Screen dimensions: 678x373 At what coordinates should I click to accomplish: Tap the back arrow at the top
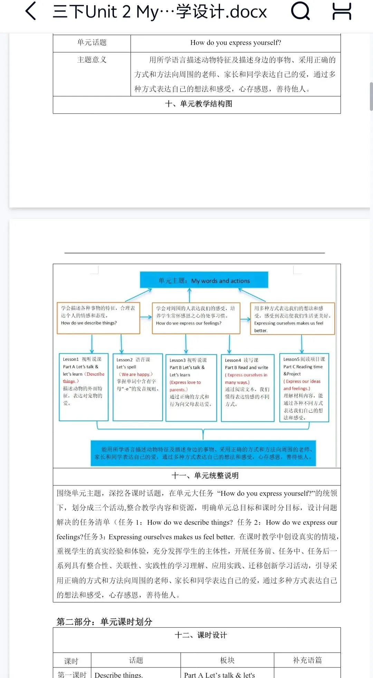[x=31, y=11]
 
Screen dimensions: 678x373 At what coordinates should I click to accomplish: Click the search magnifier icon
[x=300, y=11]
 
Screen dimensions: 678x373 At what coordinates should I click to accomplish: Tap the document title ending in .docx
[x=160, y=12]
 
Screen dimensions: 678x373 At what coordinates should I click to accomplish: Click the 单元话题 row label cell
[x=92, y=42]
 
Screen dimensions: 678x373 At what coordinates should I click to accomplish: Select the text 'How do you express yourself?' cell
[x=236, y=42]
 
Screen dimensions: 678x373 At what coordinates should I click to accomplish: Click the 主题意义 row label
[x=92, y=60]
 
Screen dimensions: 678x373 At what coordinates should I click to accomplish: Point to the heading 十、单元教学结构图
[x=199, y=104]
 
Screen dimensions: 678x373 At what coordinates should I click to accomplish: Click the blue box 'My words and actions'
[x=204, y=280]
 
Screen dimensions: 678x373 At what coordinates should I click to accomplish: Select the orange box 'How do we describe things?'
[x=98, y=318]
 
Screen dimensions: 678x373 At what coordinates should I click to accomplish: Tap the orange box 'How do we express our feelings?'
[x=196, y=318]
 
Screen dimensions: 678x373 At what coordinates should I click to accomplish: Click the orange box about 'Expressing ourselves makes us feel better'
[x=292, y=319]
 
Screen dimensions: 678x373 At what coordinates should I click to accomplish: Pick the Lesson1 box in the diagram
[x=84, y=387]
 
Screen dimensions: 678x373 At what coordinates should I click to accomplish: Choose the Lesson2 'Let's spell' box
[x=137, y=387]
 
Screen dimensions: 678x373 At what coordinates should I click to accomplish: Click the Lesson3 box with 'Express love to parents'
[x=191, y=387]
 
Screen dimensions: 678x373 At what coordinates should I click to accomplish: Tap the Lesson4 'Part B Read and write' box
[x=247, y=387]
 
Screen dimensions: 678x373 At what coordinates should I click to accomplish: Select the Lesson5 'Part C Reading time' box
[x=304, y=387]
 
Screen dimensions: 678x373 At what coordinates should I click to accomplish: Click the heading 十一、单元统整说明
[x=205, y=476]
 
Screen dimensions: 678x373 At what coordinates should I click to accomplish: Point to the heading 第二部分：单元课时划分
[x=104, y=622]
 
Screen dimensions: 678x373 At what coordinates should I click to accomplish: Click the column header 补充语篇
[x=307, y=660]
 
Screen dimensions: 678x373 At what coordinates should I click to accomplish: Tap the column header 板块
[x=227, y=660]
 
